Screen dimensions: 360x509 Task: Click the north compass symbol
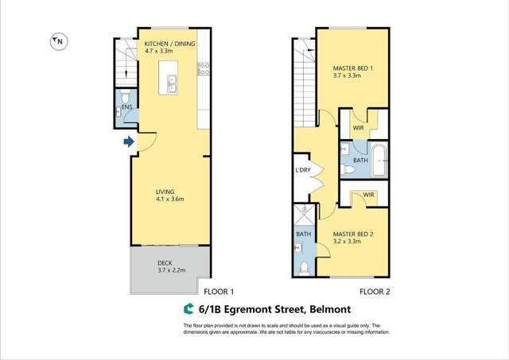click(59, 42)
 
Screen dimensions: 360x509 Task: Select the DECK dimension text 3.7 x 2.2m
click(170, 270)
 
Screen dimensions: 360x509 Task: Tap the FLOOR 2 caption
click(374, 292)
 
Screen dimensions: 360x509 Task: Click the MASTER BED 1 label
click(352, 68)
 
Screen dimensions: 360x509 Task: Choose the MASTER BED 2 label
click(353, 234)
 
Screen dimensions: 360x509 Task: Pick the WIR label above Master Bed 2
click(368, 195)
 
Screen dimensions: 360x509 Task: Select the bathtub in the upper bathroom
click(379, 159)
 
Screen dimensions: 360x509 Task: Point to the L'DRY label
click(303, 171)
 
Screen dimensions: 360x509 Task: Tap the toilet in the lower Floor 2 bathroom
click(304, 266)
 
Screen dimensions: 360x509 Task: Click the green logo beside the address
click(189, 309)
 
